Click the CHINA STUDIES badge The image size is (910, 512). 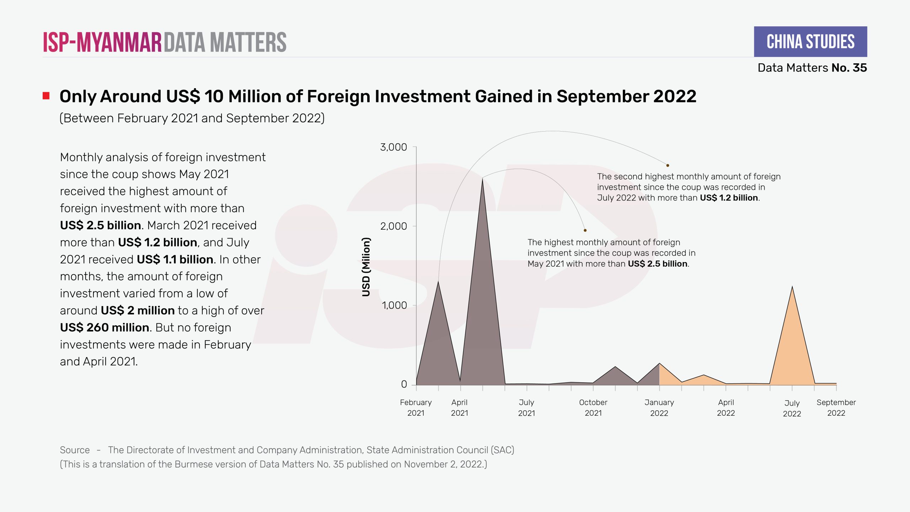[x=810, y=42]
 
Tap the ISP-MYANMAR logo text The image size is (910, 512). [x=102, y=42]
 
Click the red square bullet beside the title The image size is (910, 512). [x=46, y=96]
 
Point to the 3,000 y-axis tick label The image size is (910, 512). [x=394, y=147]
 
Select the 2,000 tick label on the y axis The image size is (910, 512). [x=394, y=226]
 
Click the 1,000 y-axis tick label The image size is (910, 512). [x=394, y=305]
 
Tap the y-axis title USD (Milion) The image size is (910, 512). [x=366, y=267]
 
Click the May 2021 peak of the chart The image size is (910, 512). [x=482, y=178]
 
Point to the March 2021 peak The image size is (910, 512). [x=438, y=282]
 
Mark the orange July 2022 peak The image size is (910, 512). [x=792, y=287]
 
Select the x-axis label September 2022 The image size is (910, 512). [x=836, y=407]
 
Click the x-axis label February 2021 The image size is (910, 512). [x=416, y=407]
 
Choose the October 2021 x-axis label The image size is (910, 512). [x=593, y=407]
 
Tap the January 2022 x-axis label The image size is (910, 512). [x=659, y=407]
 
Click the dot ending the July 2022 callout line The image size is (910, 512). [x=668, y=165]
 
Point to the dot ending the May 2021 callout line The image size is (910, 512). [x=585, y=230]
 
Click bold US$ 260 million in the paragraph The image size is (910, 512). [x=105, y=327]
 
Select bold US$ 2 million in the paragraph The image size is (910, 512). [x=138, y=310]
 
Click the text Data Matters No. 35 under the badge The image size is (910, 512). [x=812, y=68]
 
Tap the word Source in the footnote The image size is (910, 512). [x=75, y=450]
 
